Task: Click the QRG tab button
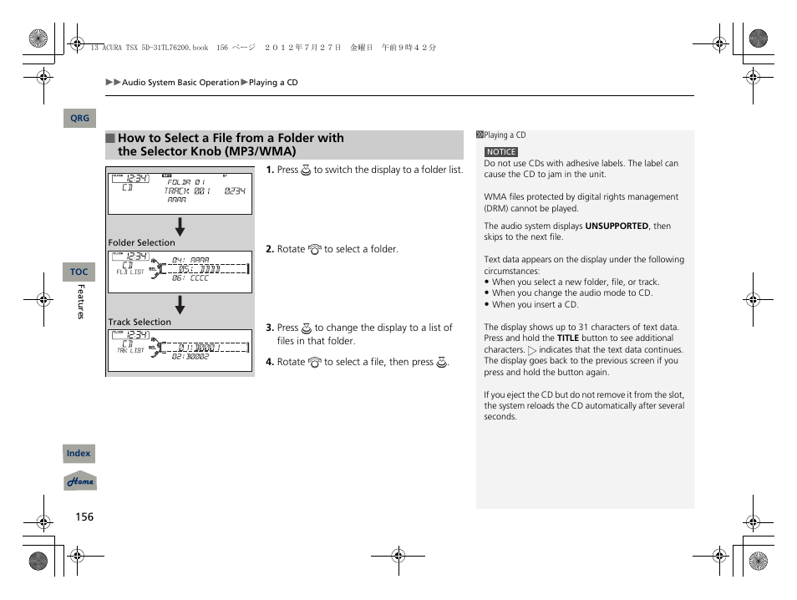pos(79,119)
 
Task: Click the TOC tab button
pos(79,272)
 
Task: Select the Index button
pos(79,454)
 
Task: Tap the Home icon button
pos(80,481)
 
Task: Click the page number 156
pos(84,516)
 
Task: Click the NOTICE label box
pos(501,152)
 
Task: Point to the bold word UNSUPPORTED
pos(617,226)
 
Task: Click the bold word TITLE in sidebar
pos(568,338)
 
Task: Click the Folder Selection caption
pos(141,242)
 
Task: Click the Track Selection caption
pos(139,322)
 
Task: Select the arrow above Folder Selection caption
pos(180,226)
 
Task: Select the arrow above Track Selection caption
pos(180,306)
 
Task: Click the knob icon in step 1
pos(306,170)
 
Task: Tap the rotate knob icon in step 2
pos(315,249)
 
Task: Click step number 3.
pos(270,328)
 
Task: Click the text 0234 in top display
pos(235,191)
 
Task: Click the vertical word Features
pos(81,302)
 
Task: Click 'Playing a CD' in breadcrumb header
pos(273,83)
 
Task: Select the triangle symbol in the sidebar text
pos(532,350)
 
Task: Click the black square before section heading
pos(110,139)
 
